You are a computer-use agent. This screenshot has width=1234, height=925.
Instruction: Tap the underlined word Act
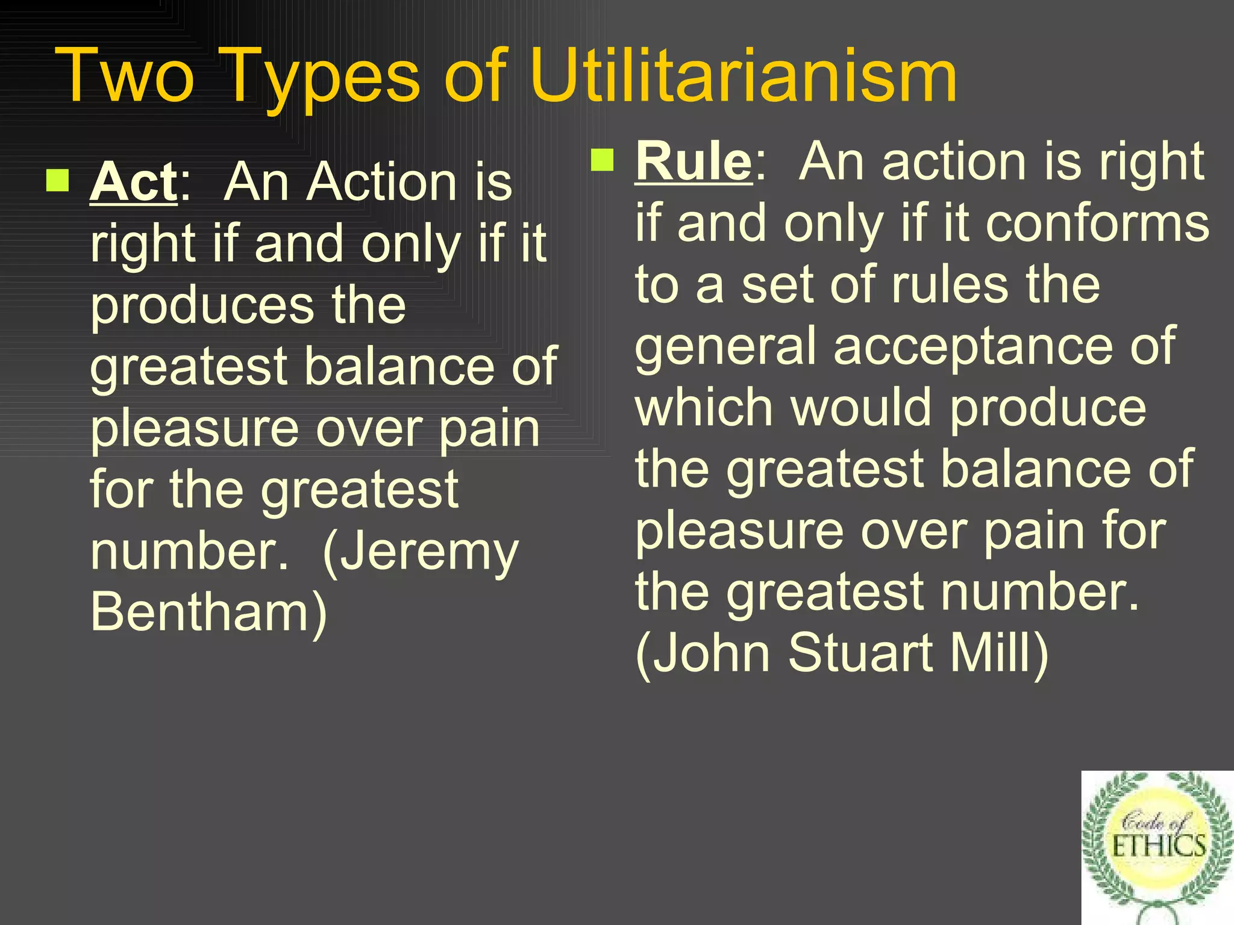134,182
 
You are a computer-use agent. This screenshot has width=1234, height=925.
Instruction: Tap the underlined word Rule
694,161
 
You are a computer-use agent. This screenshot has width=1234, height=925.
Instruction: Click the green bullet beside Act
58,179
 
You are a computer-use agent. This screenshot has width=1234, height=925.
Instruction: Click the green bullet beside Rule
602,160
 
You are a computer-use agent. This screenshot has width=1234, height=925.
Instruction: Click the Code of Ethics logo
1157,846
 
